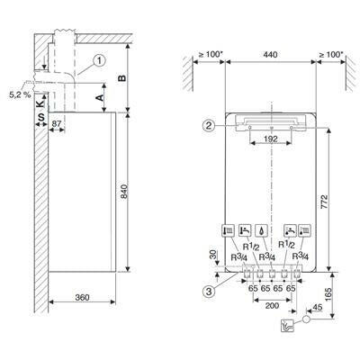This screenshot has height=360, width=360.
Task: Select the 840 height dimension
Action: [x=136, y=193]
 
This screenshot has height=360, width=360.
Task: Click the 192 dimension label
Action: [x=273, y=139]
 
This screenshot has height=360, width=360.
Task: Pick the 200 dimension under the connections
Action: [x=273, y=305]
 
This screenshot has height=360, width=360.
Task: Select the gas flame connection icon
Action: [x=260, y=229]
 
